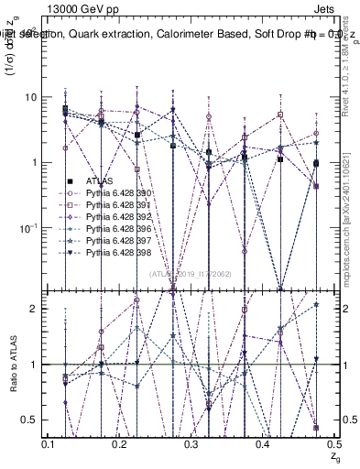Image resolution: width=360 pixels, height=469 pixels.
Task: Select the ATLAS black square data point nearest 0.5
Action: click(316, 163)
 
